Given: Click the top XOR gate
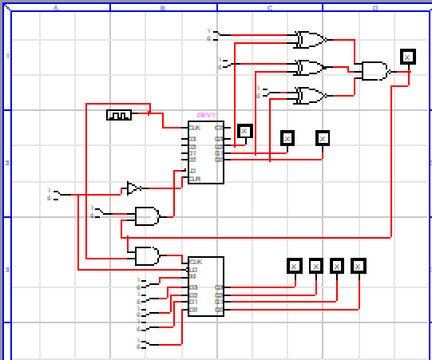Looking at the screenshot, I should (x=309, y=39).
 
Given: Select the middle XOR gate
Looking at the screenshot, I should (x=309, y=66).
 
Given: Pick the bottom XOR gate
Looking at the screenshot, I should (x=309, y=95).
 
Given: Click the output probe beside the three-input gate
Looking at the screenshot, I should (x=407, y=56).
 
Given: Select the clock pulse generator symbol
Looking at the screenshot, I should (x=118, y=115).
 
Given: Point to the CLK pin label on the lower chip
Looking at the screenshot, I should (x=195, y=262).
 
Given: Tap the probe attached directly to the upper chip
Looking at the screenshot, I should (x=244, y=132).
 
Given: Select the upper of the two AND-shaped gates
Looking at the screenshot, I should (x=147, y=216).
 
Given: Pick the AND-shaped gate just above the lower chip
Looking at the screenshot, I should (x=147, y=255).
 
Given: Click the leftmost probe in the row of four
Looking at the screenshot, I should (x=294, y=265).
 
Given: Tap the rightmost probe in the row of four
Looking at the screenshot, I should (x=358, y=265).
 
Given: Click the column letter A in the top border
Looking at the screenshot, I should (x=56, y=8).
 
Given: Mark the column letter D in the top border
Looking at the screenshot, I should (x=375, y=8).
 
